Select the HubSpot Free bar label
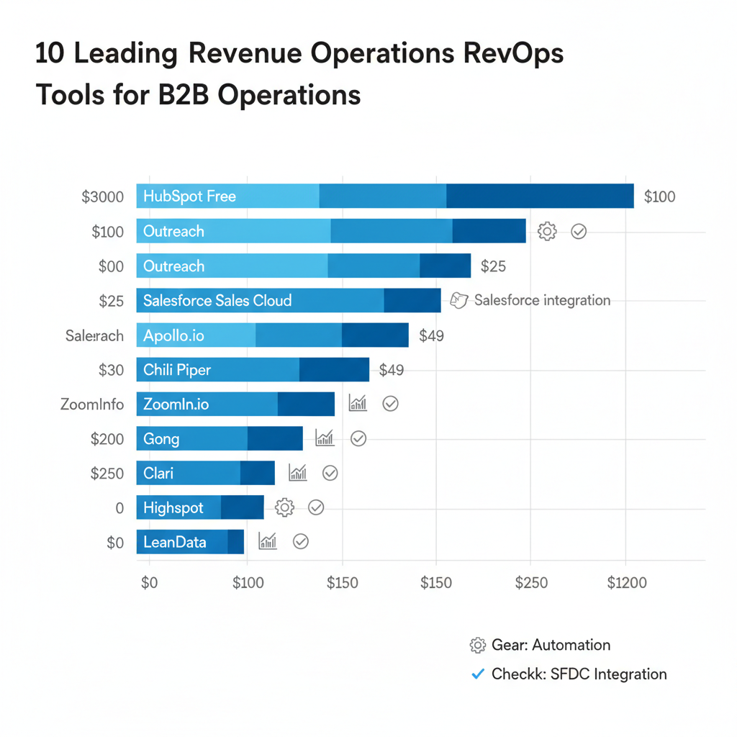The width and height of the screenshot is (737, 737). coord(189,196)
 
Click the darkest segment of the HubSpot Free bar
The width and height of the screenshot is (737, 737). coord(540,196)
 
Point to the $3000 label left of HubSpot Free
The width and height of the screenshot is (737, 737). coord(102,196)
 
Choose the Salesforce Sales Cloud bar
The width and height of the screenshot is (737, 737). coord(288,301)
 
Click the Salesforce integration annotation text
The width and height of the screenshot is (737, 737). coord(541,300)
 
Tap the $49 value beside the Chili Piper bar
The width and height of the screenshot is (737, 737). coord(392,370)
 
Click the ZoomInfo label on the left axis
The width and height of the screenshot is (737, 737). coord(92,404)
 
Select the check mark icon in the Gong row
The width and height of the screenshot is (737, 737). coord(358,438)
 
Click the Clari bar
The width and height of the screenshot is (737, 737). coord(205,473)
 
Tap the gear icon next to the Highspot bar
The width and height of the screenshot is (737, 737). coord(285,507)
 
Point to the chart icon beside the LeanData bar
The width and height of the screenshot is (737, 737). coord(268,541)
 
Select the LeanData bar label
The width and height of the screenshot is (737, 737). coord(175,542)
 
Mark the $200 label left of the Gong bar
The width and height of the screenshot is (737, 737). coord(107,439)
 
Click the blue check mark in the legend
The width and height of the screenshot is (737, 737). coord(476,674)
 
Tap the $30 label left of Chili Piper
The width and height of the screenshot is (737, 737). coord(112,370)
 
